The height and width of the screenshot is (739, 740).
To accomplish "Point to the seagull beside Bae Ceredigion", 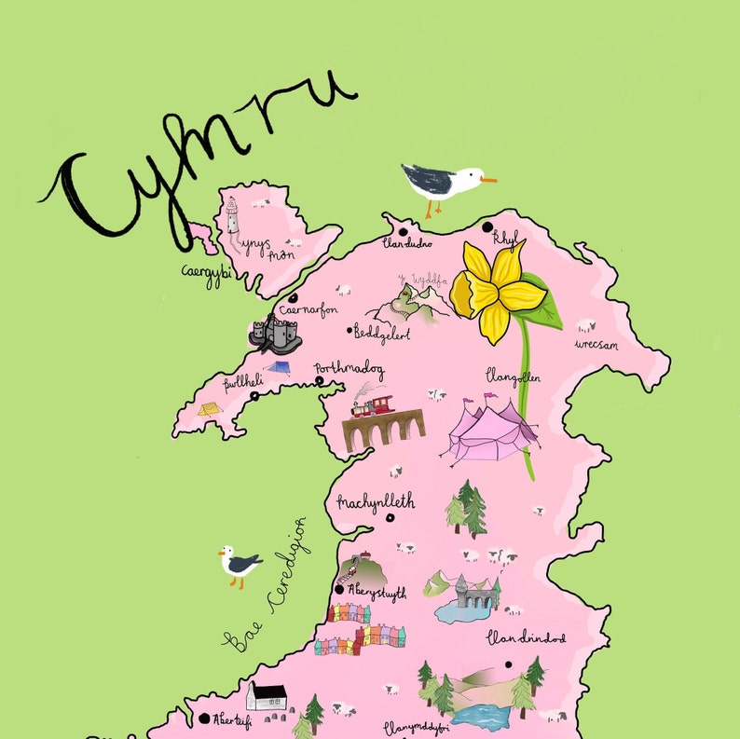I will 240,564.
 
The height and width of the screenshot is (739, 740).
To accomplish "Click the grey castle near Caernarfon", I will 274,333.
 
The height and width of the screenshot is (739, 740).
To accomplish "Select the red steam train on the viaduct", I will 370,406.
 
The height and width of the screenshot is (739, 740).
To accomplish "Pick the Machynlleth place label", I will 376,502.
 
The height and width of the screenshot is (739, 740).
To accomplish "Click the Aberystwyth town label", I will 377,591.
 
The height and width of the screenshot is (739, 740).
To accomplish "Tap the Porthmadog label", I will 349,368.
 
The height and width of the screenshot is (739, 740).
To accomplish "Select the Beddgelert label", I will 382,332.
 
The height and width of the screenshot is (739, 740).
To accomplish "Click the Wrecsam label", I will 598,344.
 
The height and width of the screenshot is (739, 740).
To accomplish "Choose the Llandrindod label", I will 526,638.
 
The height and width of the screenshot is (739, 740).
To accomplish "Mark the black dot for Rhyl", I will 486,226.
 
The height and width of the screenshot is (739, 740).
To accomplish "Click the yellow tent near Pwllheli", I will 208,408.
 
